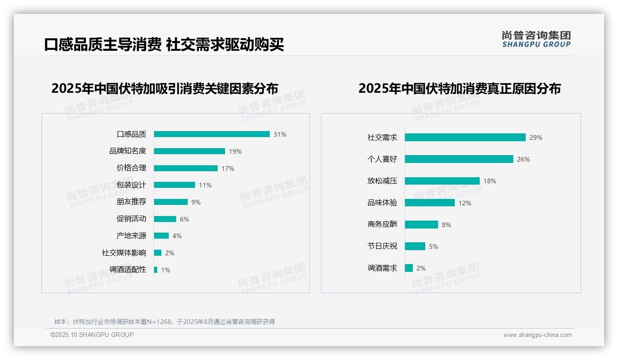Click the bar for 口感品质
pyautogui.click(x=212, y=134)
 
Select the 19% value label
pyautogui.click(x=235, y=151)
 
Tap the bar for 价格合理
pyautogui.click(x=185, y=168)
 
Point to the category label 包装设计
pyautogui.click(x=131, y=185)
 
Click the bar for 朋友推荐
pyautogui.click(x=171, y=202)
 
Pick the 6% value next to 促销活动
pyautogui.click(x=184, y=219)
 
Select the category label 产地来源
pyautogui.click(x=131, y=236)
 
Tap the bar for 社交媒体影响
pyautogui.click(x=158, y=253)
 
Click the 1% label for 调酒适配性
pyautogui.click(x=166, y=270)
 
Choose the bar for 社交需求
pyautogui.click(x=465, y=138)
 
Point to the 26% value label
pyautogui.click(x=523, y=159)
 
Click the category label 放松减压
pyautogui.click(x=382, y=181)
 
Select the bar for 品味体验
pyautogui.click(x=429, y=203)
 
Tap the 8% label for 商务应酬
pyautogui.click(x=446, y=225)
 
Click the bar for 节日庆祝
pyautogui.click(x=415, y=246)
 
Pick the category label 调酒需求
pyautogui.click(x=382, y=268)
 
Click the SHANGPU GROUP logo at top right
pyautogui.click(x=536, y=39)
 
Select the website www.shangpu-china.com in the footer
pyautogui.click(x=537, y=335)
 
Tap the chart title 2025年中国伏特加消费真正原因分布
pyautogui.click(x=459, y=89)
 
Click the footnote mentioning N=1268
pyautogui.click(x=165, y=322)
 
